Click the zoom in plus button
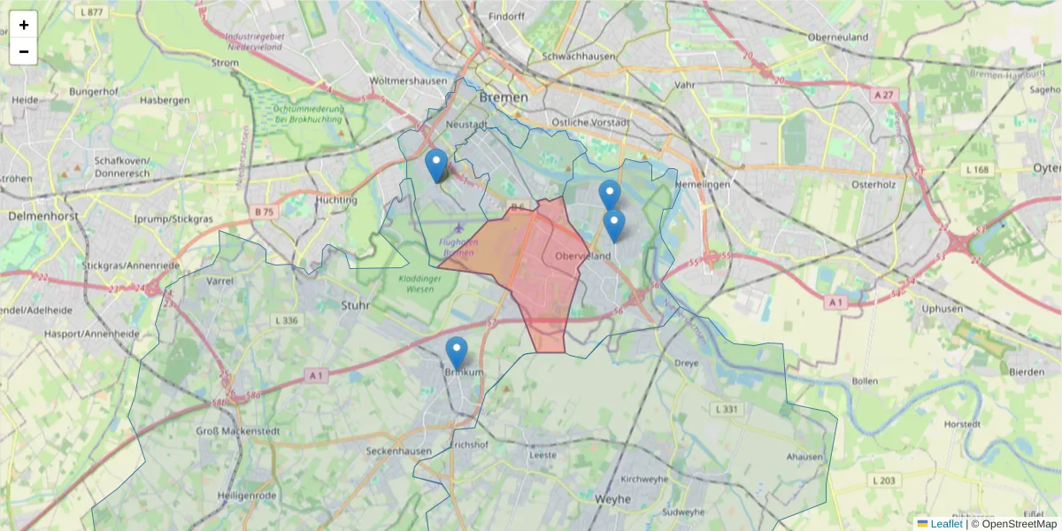click(24, 25)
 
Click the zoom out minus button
click(24, 51)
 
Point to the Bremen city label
click(503, 97)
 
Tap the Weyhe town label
click(613, 499)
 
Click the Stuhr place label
click(355, 305)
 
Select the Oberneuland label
click(837, 37)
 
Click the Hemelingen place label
click(703, 184)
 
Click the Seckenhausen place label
click(399, 451)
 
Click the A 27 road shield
click(885, 95)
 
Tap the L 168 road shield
click(978, 169)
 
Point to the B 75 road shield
click(264, 212)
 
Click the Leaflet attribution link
click(945, 524)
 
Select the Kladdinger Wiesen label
click(407, 284)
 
